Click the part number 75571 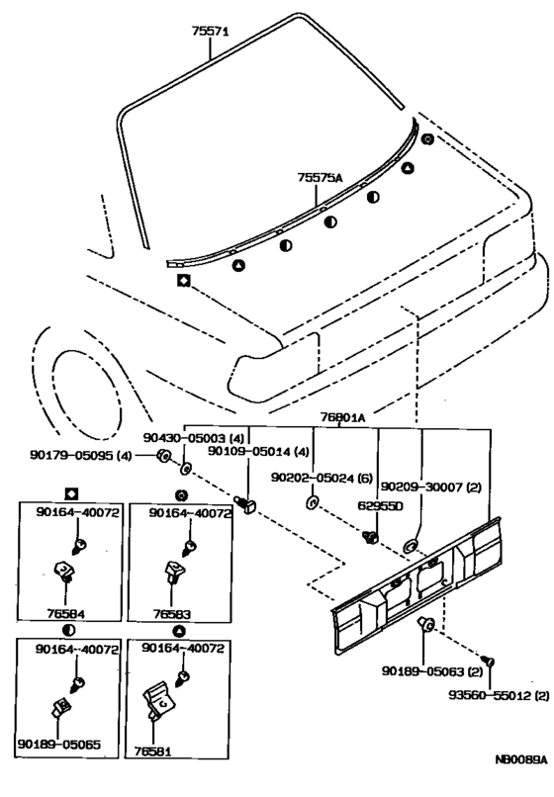[x=210, y=32]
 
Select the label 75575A [x=320, y=177]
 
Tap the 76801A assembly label [x=342, y=417]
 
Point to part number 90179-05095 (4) [x=80, y=456]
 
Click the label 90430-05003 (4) [x=193, y=437]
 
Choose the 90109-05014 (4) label [x=258, y=451]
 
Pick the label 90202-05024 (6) [x=322, y=478]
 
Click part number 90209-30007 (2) [x=431, y=487]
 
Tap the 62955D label [x=380, y=505]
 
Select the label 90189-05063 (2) [x=432, y=671]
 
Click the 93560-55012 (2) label [x=499, y=695]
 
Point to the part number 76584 [x=65, y=613]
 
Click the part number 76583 [x=172, y=614]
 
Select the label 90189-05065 [x=59, y=745]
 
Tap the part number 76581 [x=152, y=752]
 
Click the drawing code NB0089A [x=521, y=759]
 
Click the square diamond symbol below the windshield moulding [x=183, y=280]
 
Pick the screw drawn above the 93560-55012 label [x=491, y=662]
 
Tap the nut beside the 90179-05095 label [x=163, y=456]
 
